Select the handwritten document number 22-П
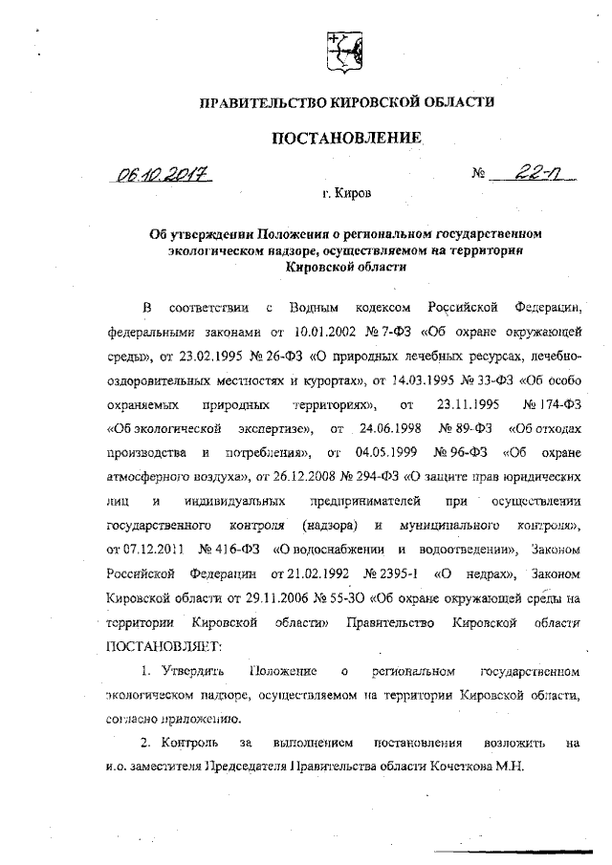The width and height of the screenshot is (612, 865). click(x=526, y=173)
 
